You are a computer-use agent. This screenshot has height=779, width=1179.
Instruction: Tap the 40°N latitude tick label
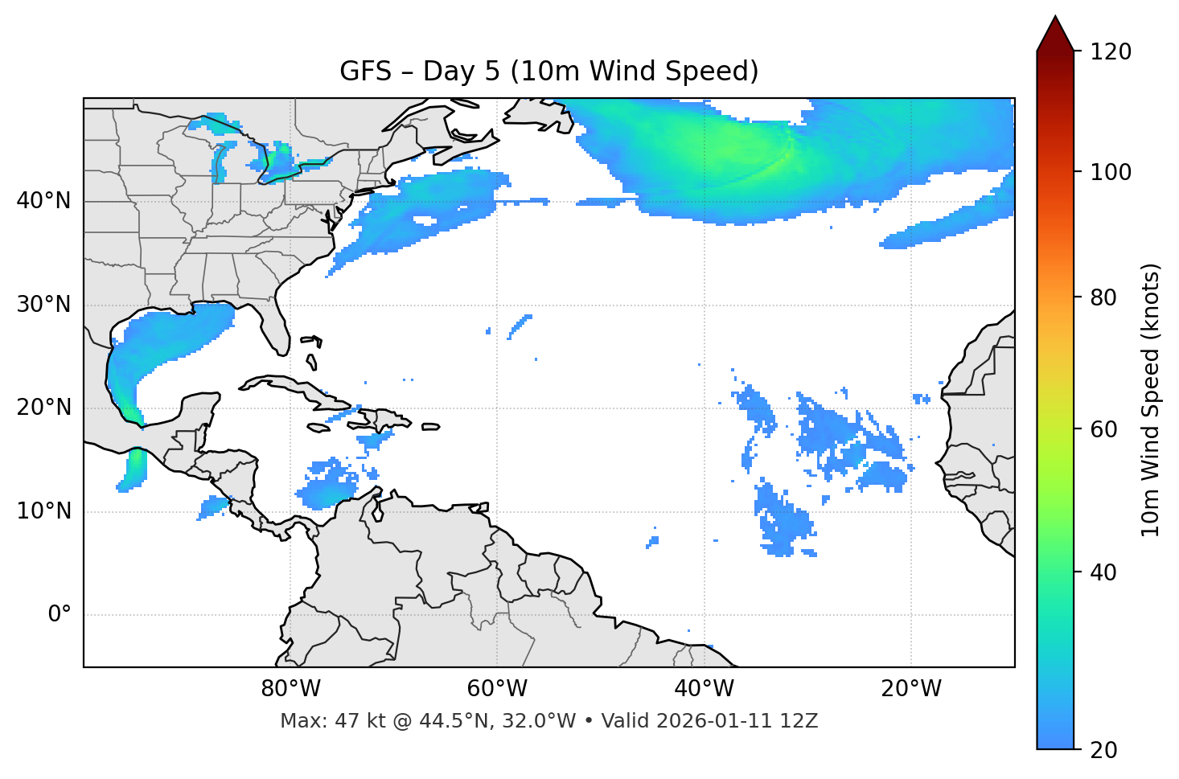(x=43, y=201)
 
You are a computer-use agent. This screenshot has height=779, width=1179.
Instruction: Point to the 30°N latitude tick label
(x=43, y=305)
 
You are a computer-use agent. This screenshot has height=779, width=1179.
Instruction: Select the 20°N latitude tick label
(x=43, y=408)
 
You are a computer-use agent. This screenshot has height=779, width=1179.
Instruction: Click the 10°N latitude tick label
(x=43, y=511)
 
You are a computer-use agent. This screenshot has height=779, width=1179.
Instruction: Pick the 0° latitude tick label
(x=60, y=615)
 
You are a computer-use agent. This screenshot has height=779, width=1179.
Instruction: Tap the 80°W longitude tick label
(x=290, y=689)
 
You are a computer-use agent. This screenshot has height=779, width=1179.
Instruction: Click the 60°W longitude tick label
(x=497, y=689)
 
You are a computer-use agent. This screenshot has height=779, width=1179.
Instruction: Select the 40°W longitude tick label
(x=704, y=689)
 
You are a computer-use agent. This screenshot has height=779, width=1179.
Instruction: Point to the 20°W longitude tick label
(x=910, y=689)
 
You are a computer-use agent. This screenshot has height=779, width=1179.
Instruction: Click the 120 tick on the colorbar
(x=1111, y=52)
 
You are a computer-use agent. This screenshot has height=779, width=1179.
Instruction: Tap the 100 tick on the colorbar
(x=1111, y=172)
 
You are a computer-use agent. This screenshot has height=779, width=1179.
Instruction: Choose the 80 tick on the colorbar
(x=1105, y=297)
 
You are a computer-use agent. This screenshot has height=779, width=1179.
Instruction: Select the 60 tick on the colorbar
(x=1105, y=429)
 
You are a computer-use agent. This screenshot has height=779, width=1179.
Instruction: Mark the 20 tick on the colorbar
(x=1105, y=750)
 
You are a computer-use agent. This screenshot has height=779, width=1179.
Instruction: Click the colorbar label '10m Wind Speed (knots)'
(x=1151, y=400)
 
